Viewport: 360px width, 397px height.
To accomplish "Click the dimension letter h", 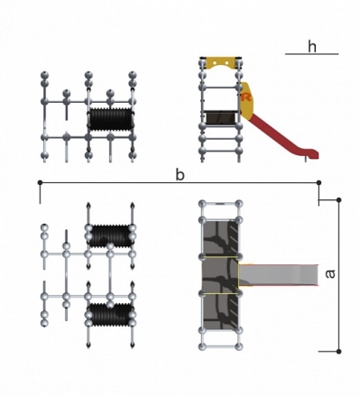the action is coord(312,47).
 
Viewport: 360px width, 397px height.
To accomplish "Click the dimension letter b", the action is coord(180,175).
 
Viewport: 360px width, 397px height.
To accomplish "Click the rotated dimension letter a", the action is coord(330,274).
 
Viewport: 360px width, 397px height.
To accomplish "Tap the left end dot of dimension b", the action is coord(40,182).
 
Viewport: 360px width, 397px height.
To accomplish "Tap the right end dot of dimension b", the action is coord(319,182).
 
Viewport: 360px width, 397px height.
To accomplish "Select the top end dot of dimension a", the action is coord(339,199).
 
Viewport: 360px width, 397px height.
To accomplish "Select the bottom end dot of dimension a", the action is coord(339,351).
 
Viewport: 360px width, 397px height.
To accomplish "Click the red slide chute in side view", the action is coord(280,135).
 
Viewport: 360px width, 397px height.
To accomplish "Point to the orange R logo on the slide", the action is coord(246,97).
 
